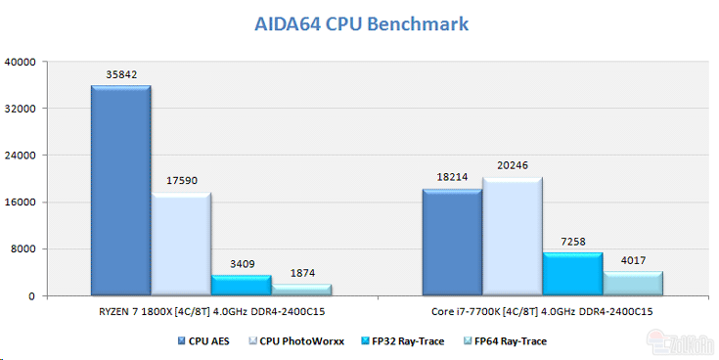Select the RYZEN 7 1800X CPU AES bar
tap(120, 191)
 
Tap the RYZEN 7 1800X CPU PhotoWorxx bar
tap(181, 244)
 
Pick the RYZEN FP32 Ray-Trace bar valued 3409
tap(241, 285)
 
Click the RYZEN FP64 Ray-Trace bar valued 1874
tap(301, 290)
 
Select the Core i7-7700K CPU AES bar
tap(452, 242)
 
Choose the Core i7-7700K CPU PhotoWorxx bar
tap(512, 236)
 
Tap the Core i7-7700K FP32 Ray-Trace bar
tap(572, 274)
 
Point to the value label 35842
tap(121, 74)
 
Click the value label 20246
tap(512, 165)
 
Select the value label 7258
tap(572, 241)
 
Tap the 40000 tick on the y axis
tap(21, 62)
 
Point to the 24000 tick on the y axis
tap(21, 156)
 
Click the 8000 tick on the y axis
tap(23, 249)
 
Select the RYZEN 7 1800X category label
tap(211, 311)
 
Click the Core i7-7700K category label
tap(542, 311)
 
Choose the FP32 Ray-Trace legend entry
tap(402, 341)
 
